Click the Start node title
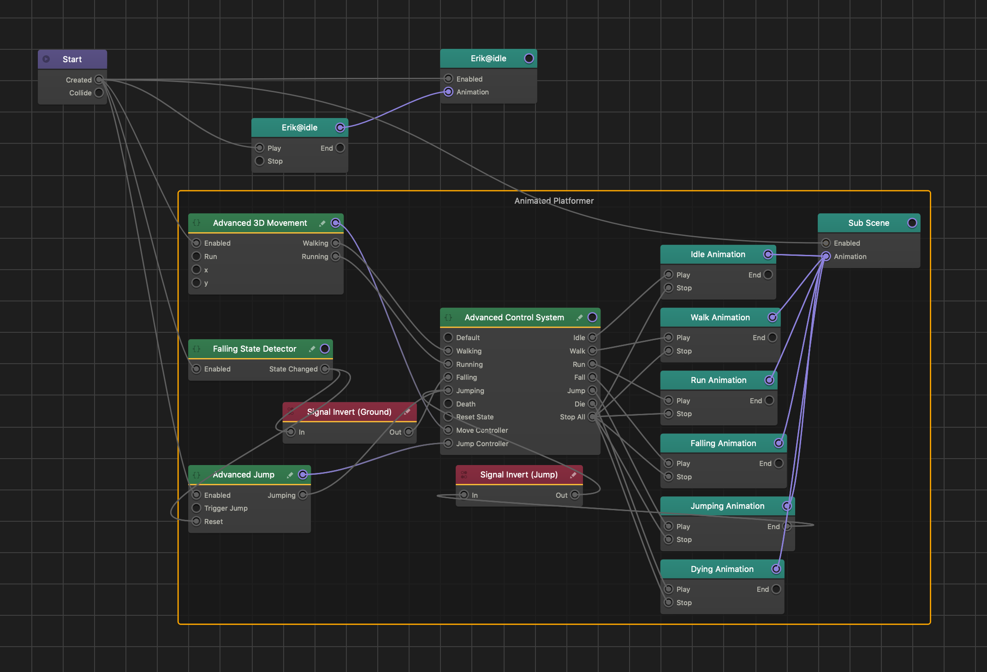(72, 59)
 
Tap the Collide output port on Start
(99, 93)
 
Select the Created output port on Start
(99, 80)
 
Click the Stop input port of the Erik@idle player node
(260, 161)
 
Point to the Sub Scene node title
(868, 223)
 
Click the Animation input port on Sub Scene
(826, 256)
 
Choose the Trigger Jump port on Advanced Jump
(196, 508)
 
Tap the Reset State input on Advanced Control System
(448, 417)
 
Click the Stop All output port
(593, 417)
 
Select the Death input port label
(466, 404)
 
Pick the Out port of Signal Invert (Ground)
(409, 432)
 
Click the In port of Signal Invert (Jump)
(464, 495)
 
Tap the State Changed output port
(325, 369)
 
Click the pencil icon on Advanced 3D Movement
(322, 223)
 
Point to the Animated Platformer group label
(554, 201)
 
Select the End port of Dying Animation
(776, 589)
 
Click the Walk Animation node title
(720, 318)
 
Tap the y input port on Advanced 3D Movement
(196, 283)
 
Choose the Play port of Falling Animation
(669, 463)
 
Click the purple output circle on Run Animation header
(769, 380)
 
